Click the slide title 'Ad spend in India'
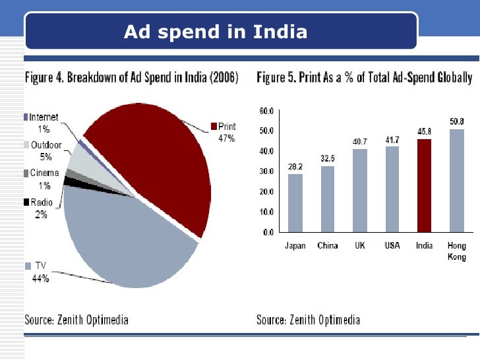coord(216,31)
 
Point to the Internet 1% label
coord(44,123)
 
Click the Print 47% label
coord(223,132)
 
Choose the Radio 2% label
coord(42,208)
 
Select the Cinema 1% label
coord(44,179)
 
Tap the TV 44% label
coord(40,271)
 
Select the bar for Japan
coord(295,203)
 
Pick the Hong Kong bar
coord(456,180)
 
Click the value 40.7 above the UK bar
coord(359,142)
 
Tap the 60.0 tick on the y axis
coord(266,110)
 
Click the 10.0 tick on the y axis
coord(266,212)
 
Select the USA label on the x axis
coord(392,246)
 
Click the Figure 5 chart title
coord(364,78)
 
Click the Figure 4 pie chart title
coord(132,78)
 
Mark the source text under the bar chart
coord(308,320)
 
